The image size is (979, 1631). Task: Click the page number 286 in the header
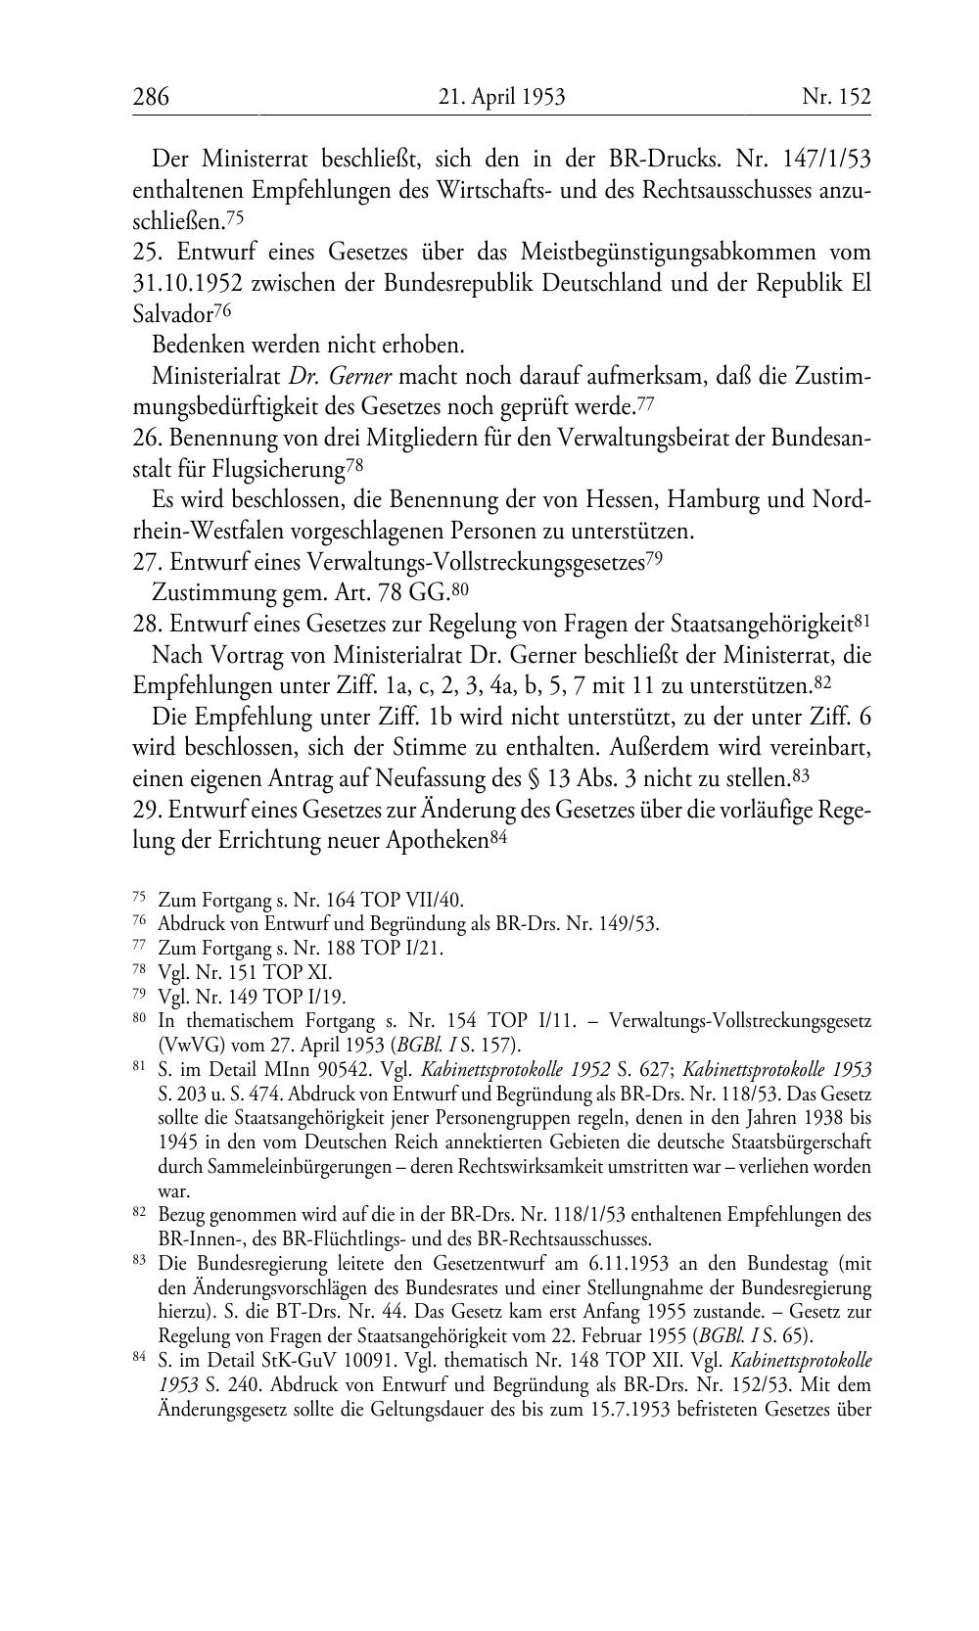click(151, 97)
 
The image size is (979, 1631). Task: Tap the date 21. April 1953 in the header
click(501, 97)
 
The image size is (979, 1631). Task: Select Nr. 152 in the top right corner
click(836, 97)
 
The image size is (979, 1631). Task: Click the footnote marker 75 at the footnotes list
click(139, 900)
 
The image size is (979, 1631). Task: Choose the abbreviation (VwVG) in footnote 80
click(187, 1044)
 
